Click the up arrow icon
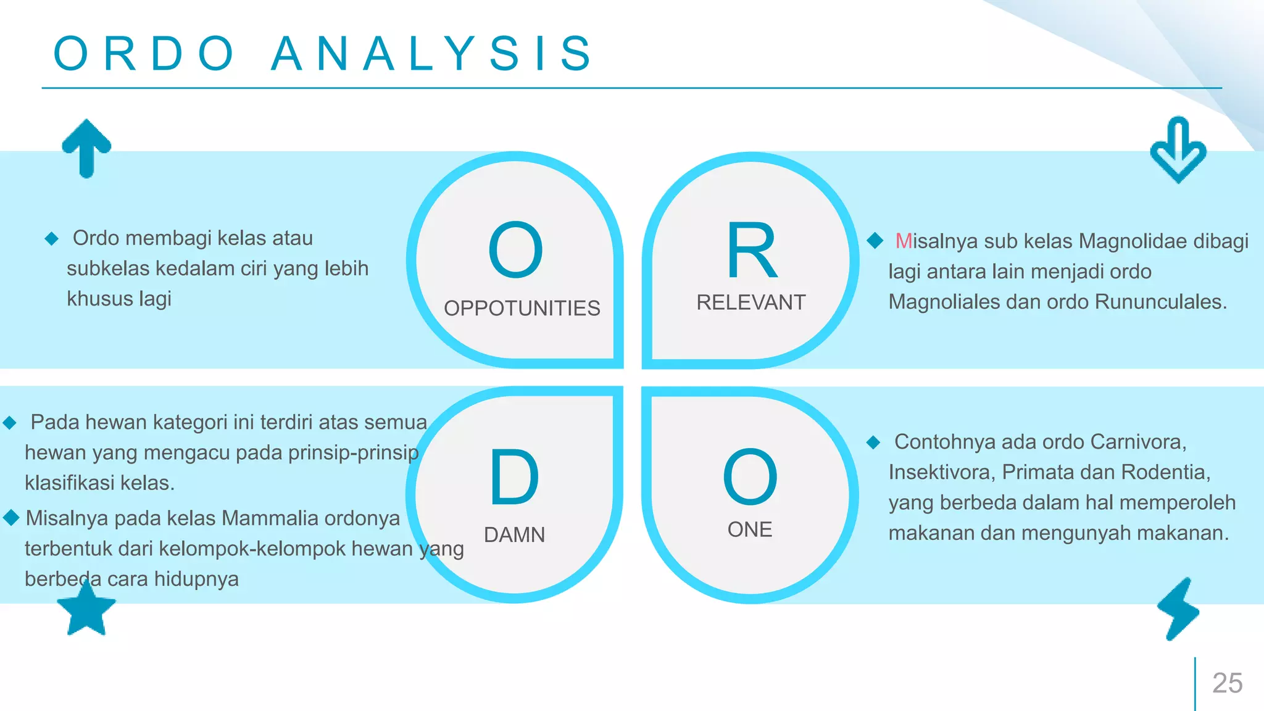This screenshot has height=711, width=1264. tap(86, 148)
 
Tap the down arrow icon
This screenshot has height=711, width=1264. tap(1178, 150)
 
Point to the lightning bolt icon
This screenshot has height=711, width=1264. tap(1179, 609)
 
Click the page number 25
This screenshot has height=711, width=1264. tap(1227, 683)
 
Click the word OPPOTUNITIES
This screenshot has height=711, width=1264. tap(522, 308)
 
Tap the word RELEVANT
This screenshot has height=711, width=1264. tap(750, 302)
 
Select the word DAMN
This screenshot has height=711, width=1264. tap(514, 534)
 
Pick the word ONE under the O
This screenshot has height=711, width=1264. tap(749, 530)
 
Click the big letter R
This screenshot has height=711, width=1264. tap(751, 251)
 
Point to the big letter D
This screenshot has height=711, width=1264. tap(514, 477)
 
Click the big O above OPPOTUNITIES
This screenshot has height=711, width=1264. tap(515, 250)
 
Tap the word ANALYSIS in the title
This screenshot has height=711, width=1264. tap(432, 54)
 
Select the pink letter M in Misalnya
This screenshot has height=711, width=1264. tap(904, 241)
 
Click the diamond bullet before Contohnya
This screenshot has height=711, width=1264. tap(873, 442)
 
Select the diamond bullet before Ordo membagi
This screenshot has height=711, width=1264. tap(51, 238)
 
